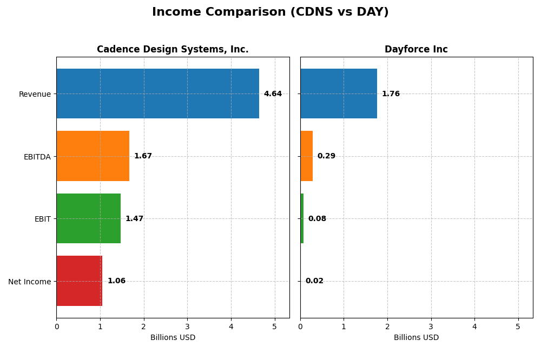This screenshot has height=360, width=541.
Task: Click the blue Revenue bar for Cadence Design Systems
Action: pos(157,94)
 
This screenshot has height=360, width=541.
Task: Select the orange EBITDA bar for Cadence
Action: pos(93,156)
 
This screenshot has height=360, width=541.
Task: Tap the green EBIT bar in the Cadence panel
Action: pos(88,218)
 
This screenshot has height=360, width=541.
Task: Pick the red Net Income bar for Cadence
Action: pos(79,281)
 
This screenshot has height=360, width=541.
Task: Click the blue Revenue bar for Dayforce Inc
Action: pos(338,94)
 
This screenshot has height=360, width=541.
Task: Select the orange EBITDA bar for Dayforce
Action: pos(306,156)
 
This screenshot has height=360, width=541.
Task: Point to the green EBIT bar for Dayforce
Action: pos(302,218)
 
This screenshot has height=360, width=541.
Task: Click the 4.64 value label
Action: pos(273,94)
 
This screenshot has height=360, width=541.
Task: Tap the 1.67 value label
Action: pos(143,156)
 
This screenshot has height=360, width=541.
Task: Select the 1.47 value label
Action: pos(134,219)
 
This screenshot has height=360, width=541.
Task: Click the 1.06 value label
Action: pos(116,281)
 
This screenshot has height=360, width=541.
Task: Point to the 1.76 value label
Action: pos(391,94)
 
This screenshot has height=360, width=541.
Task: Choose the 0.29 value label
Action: pos(326,156)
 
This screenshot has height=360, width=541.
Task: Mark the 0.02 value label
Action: pos(314,281)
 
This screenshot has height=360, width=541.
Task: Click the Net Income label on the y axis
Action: pos(30,282)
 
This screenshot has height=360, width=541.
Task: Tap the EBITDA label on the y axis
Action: pos(37,157)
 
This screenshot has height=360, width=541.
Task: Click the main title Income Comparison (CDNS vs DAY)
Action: pos(270,12)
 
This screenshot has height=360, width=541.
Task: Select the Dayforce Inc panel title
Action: pos(416,50)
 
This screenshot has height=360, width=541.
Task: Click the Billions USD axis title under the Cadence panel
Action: pos(173,338)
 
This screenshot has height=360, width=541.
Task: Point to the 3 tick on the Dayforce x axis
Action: pos(431,327)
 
